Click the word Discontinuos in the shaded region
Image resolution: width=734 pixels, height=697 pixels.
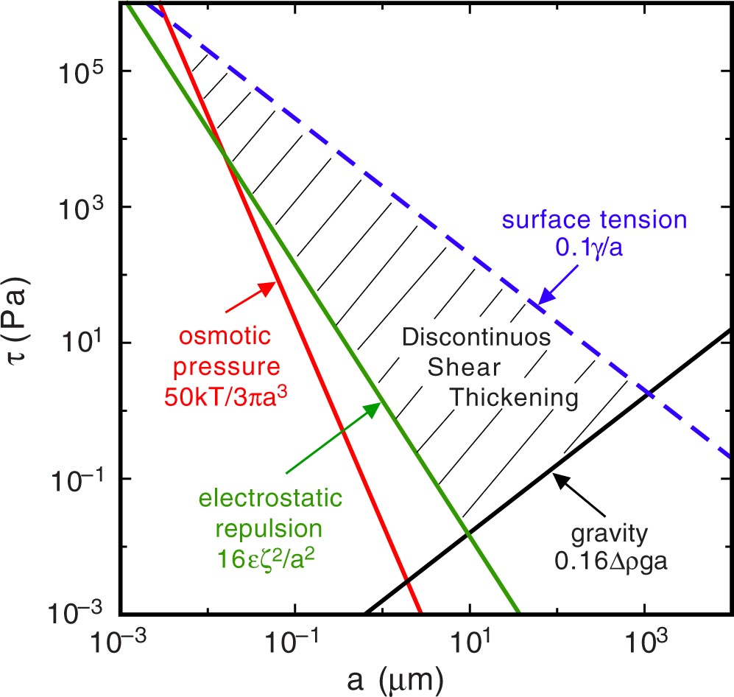coord(476,338)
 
